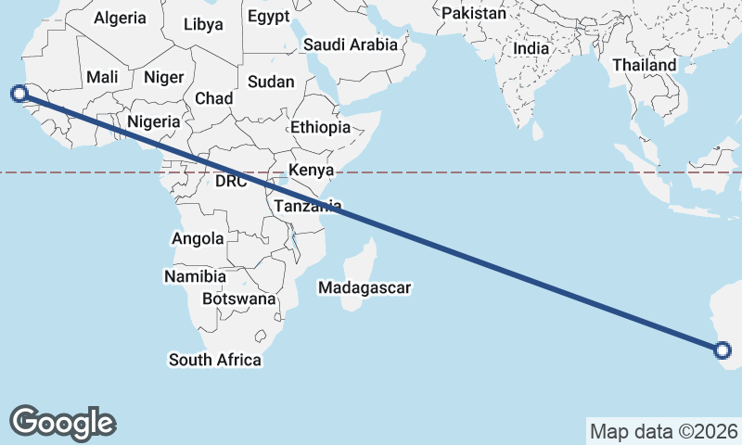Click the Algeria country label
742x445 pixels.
pyautogui.click(x=121, y=18)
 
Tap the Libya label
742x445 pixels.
pyautogui.click(x=203, y=24)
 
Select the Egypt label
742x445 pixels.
pyautogui.click(x=269, y=16)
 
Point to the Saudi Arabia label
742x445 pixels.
pyautogui.click(x=351, y=44)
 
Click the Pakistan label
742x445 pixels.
pyautogui.click(x=474, y=13)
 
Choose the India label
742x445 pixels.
pyautogui.click(x=531, y=48)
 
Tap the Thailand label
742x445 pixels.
pyautogui.click(x=645, y=66)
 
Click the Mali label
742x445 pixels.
pyautogui.click(x=101, y=78)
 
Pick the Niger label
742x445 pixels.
pyautogui.click(x=163, y=79)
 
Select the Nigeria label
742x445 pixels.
pyautogui.click(x=153, y=121)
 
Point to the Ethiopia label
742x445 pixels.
pyautogui.click(x=320, y=127)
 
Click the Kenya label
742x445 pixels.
pyautogui.click(x=311, y=170)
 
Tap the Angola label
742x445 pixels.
pyautogui.click(x=198, y=238)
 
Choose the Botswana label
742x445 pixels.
pyautogui.click(x=239, y=299)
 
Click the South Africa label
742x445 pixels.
pyautogui.click(x=214, y=359)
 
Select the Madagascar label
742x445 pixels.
pyautogui.click(x=364, y=287)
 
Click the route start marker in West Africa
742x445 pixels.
pyautogui.click(x=19, y=93)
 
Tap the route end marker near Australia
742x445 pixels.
pyautogui.click(x=723, y=350)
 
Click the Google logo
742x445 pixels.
pyautogui.click(x=62, y=422)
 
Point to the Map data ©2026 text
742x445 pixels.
pyautogui.click(x=663, y=431)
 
